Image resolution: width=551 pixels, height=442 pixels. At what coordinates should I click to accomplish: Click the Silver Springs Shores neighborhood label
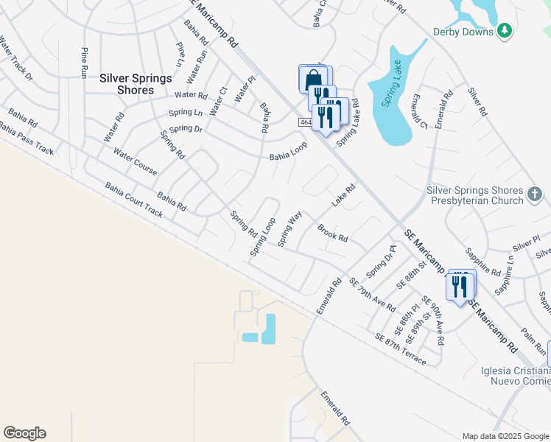[x=136, y=84]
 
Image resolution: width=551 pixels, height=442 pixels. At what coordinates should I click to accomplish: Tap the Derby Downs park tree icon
[x=505, y=30]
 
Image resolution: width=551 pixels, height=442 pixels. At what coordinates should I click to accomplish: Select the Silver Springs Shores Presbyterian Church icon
[x=535, y=194]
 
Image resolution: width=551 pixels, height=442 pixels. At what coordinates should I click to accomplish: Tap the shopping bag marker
[x=313, y=78]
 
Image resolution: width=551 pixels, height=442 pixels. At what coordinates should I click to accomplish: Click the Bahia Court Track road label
[x=133, y=200]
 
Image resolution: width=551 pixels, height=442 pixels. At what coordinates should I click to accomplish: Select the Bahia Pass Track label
[x=28, y=139]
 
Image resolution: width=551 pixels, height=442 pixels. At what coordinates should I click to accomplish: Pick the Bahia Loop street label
[x=287, y=151]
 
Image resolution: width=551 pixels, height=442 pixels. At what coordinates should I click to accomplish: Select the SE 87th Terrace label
[x=400, y=349]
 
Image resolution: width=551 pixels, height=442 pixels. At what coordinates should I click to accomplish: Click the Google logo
[x=24, y=433]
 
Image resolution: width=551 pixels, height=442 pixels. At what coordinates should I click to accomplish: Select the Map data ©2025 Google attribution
[x=505, y=436]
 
